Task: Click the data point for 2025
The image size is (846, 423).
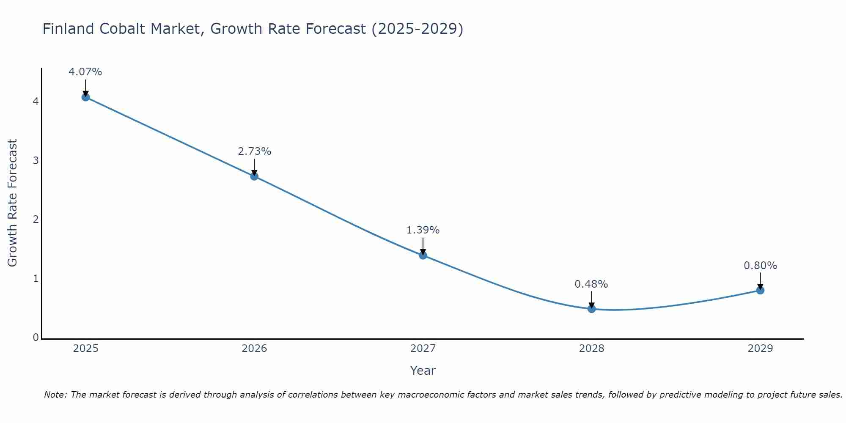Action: [85, 97]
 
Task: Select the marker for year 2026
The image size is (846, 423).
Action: [254, 176]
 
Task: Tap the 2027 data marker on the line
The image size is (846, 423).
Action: [423, 255]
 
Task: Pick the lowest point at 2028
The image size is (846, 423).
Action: [591, 309]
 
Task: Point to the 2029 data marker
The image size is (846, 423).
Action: [760, 290]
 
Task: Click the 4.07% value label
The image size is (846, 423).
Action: [85, 72]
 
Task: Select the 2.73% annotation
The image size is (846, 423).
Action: [254, 151]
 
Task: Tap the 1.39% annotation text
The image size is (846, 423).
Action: [423, 230]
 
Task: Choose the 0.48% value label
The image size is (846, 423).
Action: [591, 284]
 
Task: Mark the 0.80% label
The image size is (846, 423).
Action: [760, 266]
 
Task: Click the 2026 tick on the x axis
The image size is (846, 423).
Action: [254, 349]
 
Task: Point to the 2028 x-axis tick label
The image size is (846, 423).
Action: [591, 349]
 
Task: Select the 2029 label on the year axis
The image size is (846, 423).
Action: [760, 349]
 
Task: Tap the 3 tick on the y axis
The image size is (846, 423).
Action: [36, 160]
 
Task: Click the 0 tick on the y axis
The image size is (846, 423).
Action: [36, 338]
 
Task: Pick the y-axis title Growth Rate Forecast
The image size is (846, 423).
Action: [13, 203]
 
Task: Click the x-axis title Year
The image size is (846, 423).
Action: [423, 371]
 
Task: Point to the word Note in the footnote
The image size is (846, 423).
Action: [55, 395]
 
